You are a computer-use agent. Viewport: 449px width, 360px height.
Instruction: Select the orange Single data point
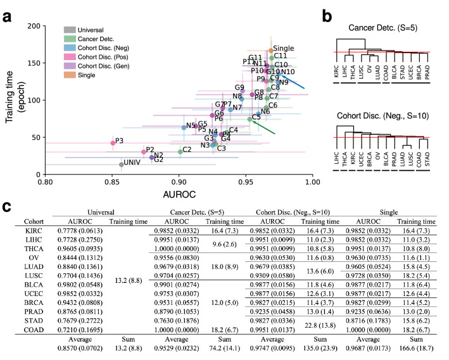(271, 51)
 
